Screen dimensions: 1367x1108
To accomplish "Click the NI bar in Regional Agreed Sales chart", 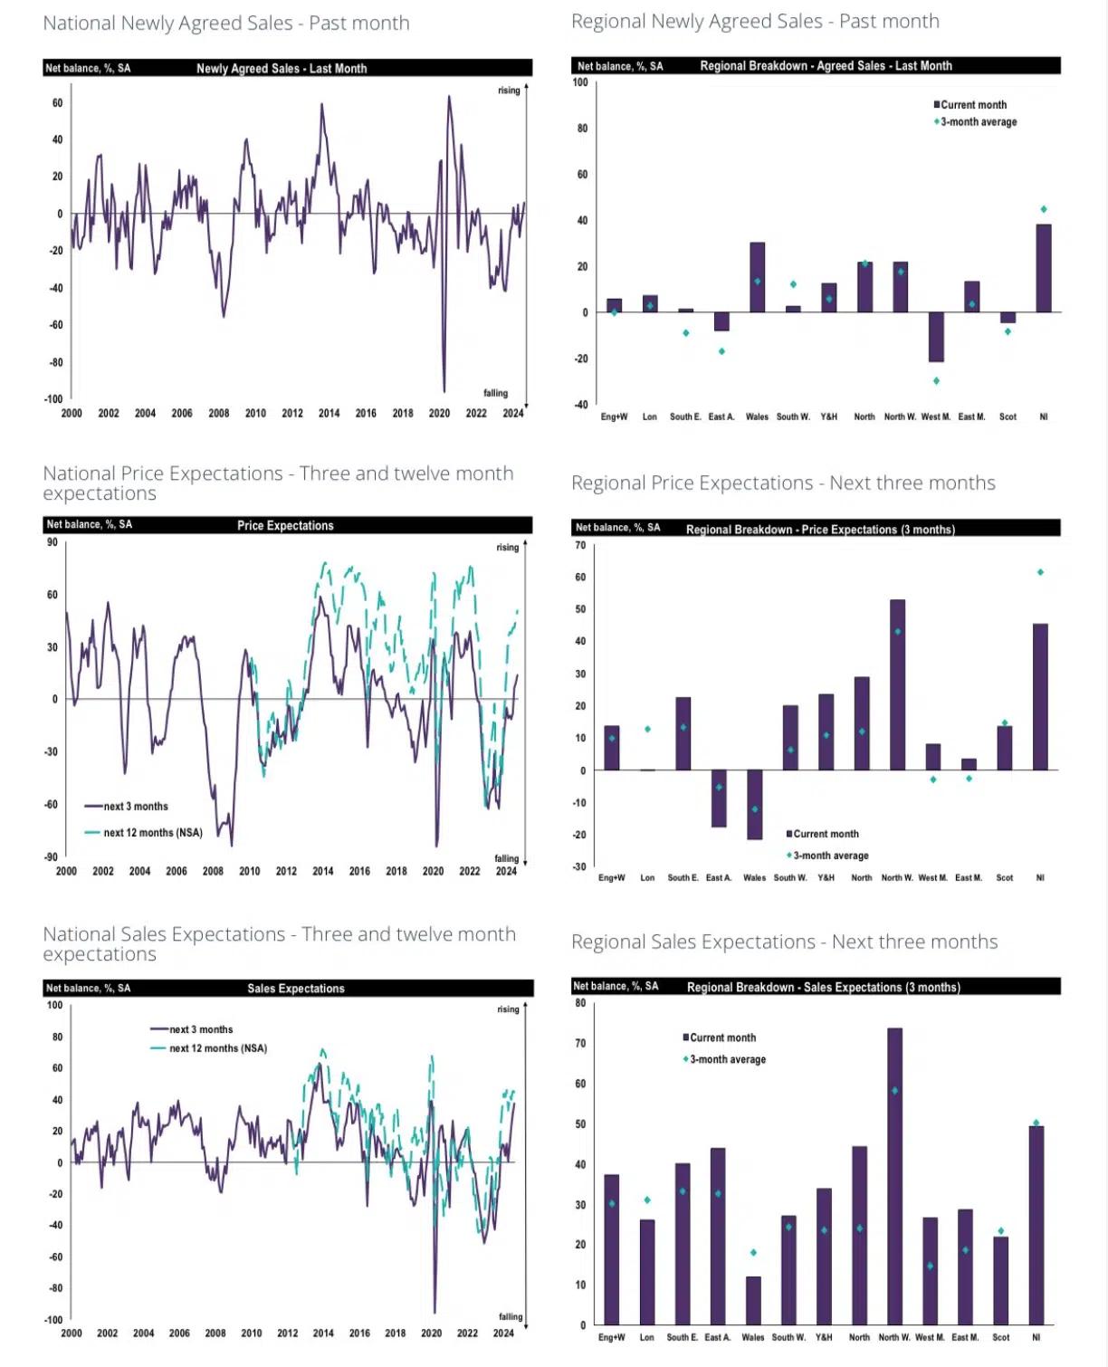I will tap(1044, 269).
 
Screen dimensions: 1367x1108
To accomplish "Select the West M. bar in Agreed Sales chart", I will tap(936, 337).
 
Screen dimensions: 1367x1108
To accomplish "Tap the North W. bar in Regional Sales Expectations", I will tap(894, 1176).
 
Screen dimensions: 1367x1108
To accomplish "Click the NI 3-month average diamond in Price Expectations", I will tap(1040, 572).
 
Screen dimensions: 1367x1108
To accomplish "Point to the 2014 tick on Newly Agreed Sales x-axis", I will tap(329, 414).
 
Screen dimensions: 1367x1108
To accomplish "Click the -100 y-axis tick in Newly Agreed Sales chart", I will tap(53, 399).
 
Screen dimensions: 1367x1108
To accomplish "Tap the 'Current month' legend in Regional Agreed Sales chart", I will tap(972, 105).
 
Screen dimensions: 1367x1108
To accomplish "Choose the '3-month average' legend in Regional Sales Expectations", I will tap(727, 1059).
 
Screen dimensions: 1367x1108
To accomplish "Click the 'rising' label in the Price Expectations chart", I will tap(507, 548).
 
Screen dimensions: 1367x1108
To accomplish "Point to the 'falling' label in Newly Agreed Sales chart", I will tap(495, 394).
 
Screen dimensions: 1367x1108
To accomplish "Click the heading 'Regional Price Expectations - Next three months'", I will tap(783, 483).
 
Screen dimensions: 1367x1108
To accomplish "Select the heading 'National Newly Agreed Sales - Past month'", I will tap(226, 24).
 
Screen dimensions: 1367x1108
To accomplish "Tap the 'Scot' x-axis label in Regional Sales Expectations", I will tap(1000, 1337).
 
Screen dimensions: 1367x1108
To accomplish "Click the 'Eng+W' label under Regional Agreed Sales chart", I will tap(614, 417).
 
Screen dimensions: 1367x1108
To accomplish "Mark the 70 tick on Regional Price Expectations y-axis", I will tap(580, 546).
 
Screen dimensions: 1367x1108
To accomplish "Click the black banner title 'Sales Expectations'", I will tap(296, 989).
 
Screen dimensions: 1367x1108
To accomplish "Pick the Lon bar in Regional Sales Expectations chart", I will tap(647, 1272).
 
